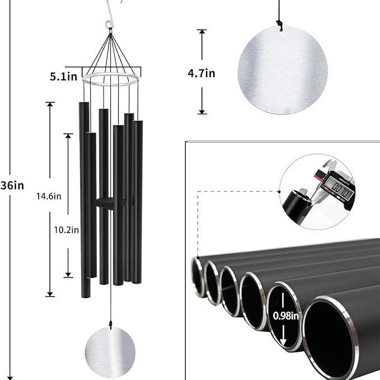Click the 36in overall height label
click(12, 185)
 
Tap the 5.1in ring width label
click(63, 77)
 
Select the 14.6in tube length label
click(49, 196)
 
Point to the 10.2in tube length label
click(66, 230)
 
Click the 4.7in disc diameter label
click(201, 73)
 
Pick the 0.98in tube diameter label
click(285, 316)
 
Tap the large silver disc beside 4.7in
click(283, 71)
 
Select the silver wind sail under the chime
click(110, 352)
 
